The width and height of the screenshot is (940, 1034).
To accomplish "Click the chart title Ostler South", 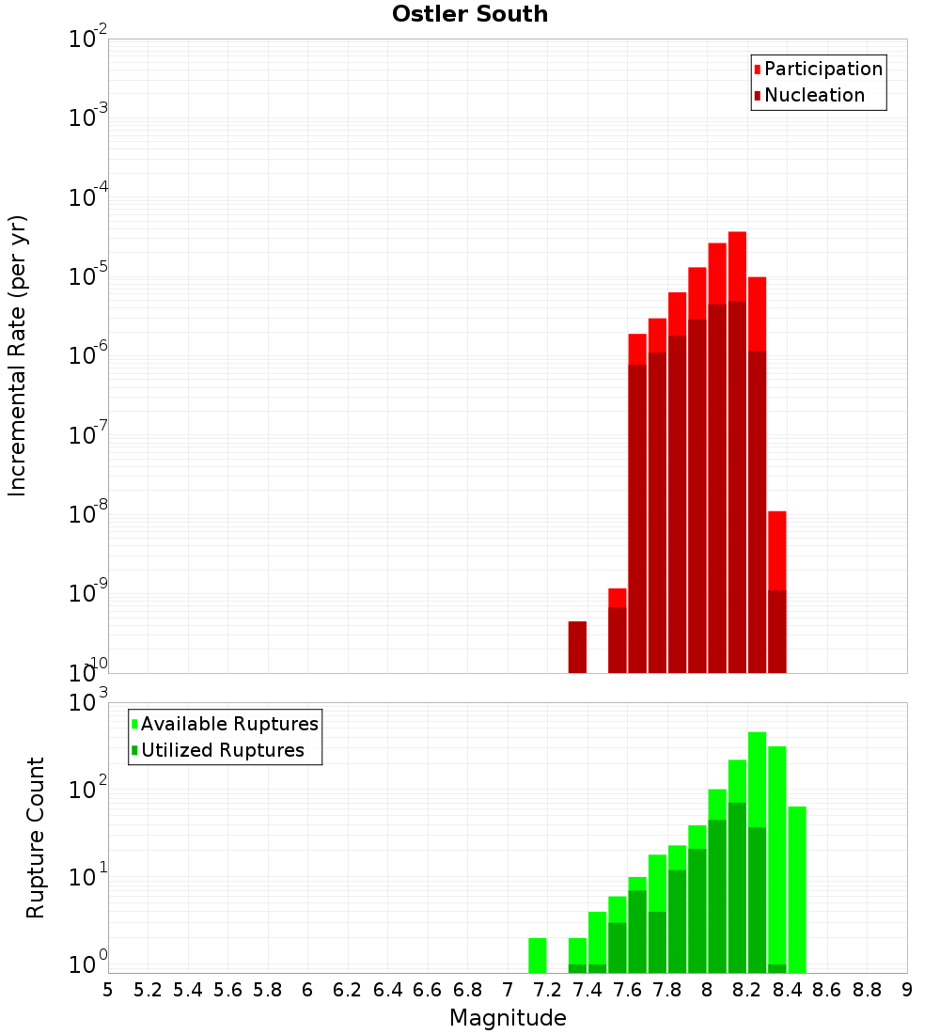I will [470, 14].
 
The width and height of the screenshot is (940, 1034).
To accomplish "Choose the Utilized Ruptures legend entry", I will [222, 750].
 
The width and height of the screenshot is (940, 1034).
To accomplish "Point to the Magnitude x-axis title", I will [508, 1018].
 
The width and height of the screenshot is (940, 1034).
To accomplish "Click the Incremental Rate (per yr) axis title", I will [18, 355].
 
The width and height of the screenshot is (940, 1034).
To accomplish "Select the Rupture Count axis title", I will [36, 837].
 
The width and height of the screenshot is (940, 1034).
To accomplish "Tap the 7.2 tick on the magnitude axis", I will [547, 990].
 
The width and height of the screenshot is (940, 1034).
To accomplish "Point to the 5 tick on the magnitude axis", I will [108, 990].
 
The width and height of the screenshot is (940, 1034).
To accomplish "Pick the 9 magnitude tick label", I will [907, 990].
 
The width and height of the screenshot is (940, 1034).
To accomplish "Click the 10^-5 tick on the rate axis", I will [87, 276].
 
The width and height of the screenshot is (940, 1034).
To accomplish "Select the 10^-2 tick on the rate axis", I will [87, 39].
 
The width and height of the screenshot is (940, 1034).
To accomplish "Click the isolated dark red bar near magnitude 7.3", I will [577, 647].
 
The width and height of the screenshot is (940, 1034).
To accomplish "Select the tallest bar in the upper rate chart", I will [737, 451].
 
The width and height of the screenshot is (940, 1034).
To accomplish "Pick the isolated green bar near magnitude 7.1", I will [538, 955].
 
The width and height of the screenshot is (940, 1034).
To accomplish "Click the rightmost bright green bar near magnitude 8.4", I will [797, 889].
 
